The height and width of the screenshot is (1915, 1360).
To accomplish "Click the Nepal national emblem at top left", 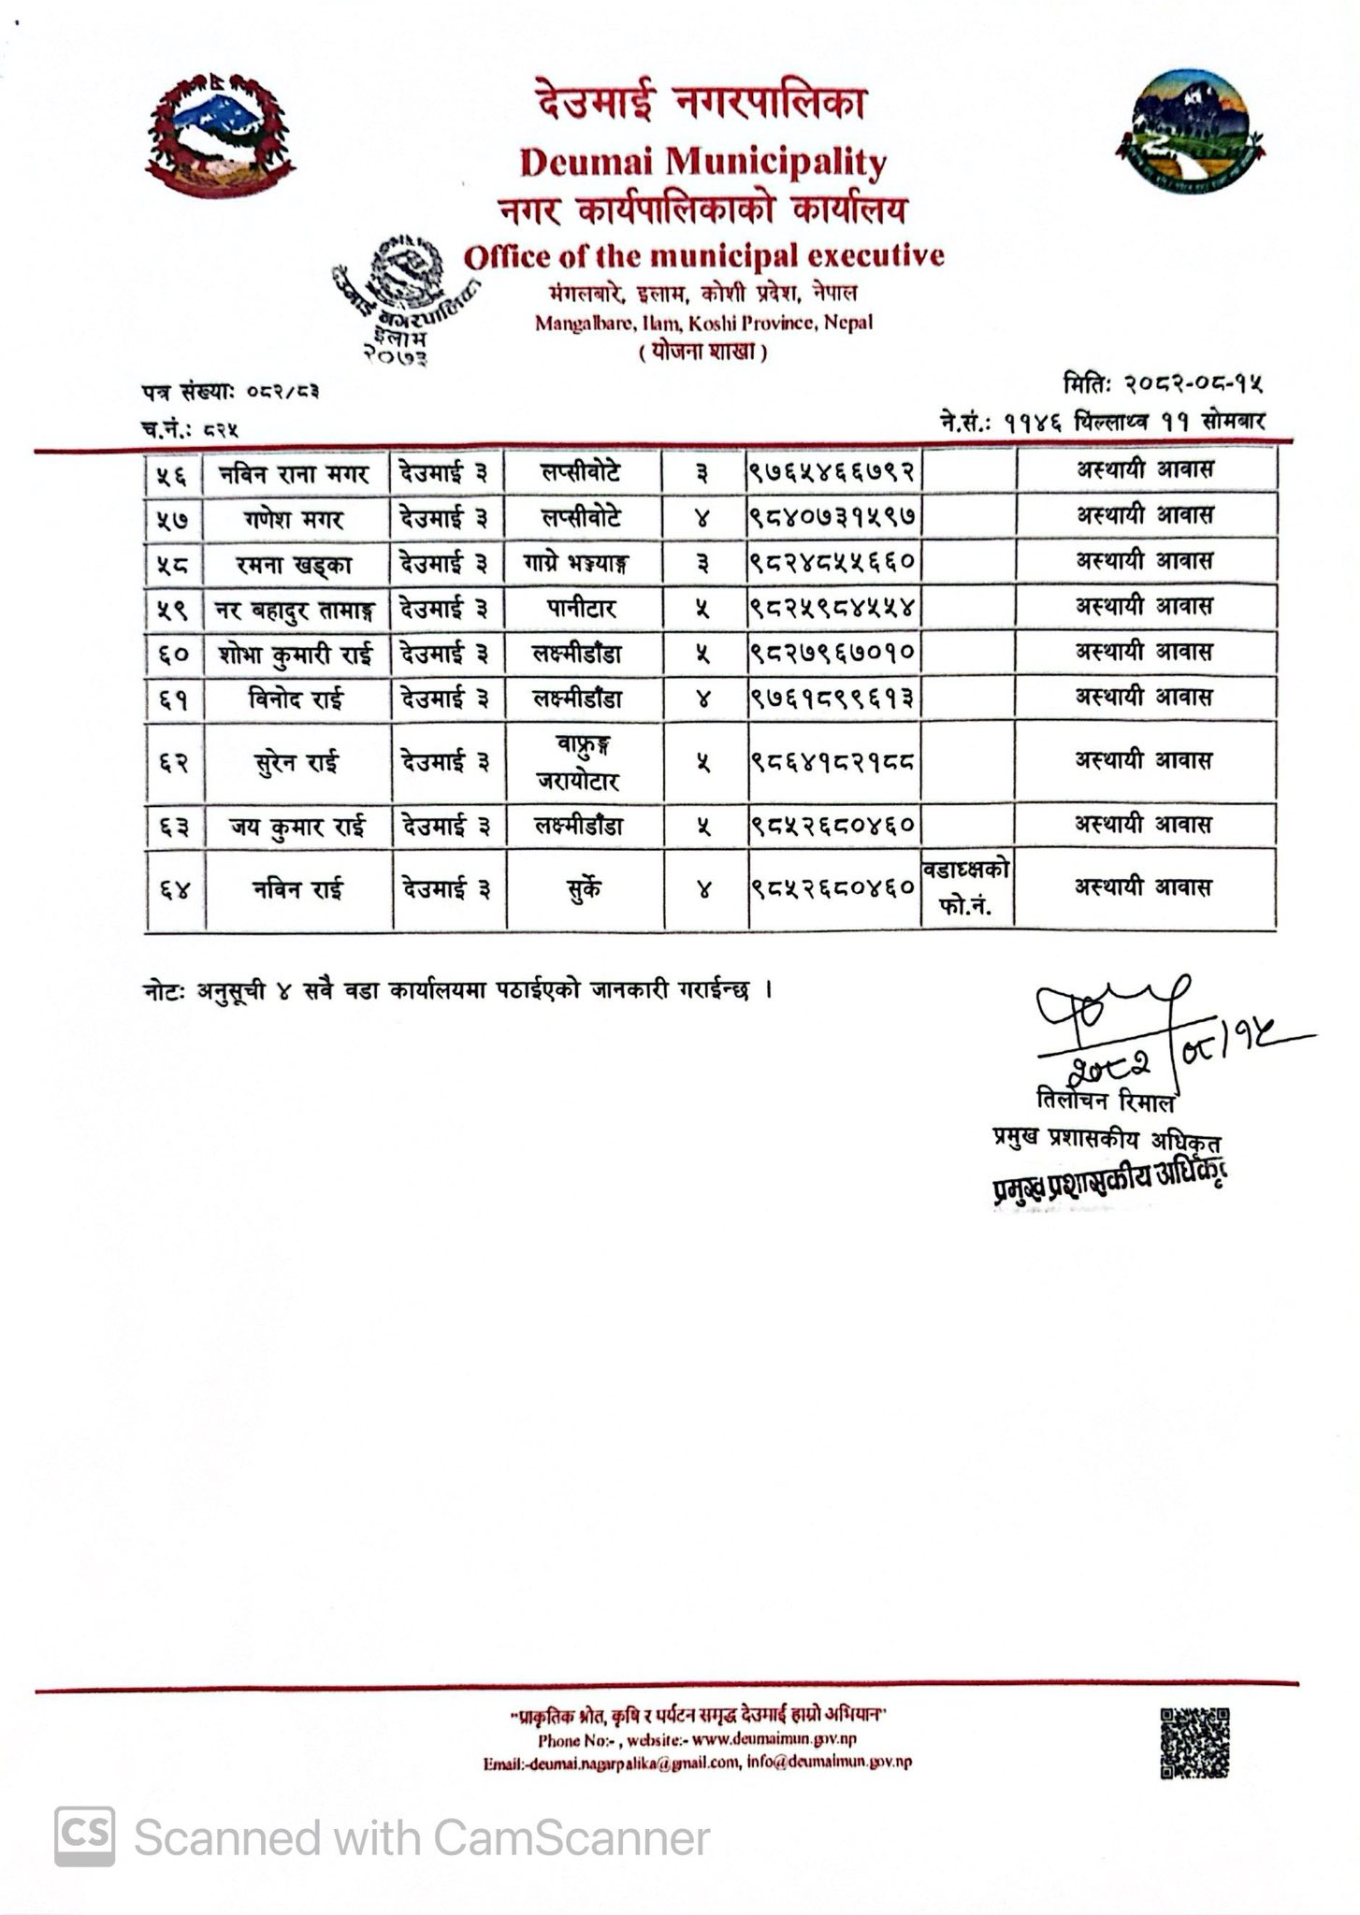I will click(x=221, y=136).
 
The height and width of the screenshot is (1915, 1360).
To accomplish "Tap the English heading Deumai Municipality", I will click(x=702, y=163).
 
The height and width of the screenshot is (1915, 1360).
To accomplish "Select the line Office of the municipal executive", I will click(x=704, y=255).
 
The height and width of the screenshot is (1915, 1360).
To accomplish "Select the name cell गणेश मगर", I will click(x=296, y=519).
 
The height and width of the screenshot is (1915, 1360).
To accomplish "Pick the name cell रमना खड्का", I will click(x=296, y=564).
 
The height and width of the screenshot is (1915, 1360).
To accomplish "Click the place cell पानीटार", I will click(x=581, y=609).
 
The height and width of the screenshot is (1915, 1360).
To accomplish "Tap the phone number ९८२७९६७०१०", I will click(x=832, y=654).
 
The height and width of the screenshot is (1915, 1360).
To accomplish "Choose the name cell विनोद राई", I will click(x=296, y=698).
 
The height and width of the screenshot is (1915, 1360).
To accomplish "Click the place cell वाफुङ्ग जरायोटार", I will click(x=581, y=762).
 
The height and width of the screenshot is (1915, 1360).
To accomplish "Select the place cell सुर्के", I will click(x=581, y=888).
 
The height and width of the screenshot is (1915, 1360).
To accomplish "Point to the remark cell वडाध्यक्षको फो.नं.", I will click(x=966, y=887).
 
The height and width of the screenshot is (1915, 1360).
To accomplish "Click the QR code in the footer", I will click(x=1194, y=1742).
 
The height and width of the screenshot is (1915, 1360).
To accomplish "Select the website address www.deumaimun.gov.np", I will click(x=775, y=1740).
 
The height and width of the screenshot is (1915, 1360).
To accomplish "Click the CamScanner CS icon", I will click(x=85, y=1836).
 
